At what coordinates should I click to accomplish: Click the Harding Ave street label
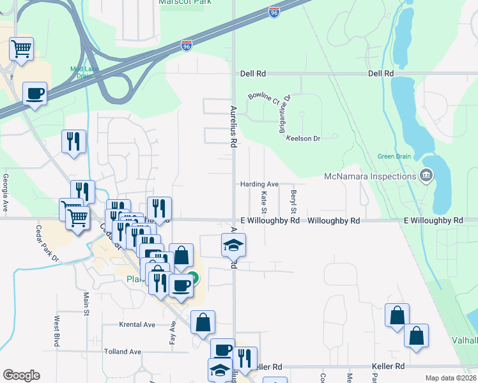point(259,184)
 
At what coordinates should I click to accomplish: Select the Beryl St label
point(294,202)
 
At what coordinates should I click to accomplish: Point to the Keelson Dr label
point(303,139)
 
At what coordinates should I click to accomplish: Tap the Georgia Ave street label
point(5,193)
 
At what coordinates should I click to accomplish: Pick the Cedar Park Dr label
point(48,244)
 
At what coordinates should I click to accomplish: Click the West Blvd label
point(57,327)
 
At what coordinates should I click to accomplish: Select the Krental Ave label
point(137,324)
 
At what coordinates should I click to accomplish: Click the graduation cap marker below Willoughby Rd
point(233,245)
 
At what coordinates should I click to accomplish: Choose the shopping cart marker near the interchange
point(22,49)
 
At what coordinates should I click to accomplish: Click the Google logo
point(21,375)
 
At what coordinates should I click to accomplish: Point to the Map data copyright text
point(450,378)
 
